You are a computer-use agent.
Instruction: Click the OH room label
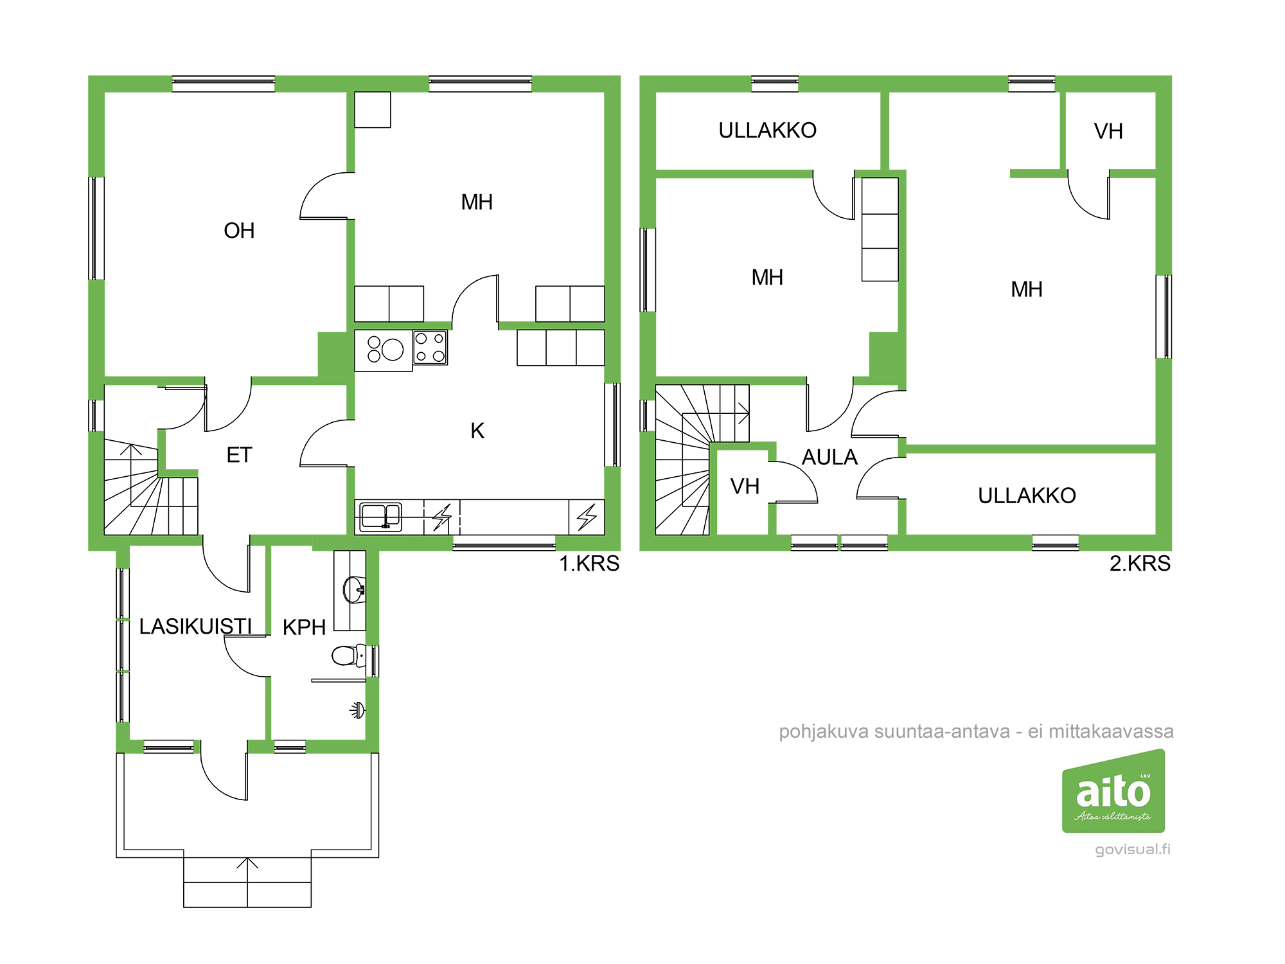pyautogui.click(x=239, y=231)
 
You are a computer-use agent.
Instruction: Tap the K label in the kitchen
pyautogui.click(x=477, y=431)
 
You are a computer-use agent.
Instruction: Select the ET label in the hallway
pyautogui.click(x=239, y=455)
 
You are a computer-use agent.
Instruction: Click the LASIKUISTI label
pyautogui.click(x=195, y=627)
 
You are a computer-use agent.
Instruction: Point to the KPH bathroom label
pyautogui.click(x=305, y=627)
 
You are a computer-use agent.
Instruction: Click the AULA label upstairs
pyautogui.click(x=829, y=457)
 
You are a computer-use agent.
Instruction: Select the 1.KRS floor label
pyautogui.click(x=589, y=564)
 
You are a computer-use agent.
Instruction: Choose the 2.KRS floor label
pyautogui.click(x=1140, y=564)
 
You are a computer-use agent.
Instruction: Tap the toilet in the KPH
pyautogui.click(x=349, y=656)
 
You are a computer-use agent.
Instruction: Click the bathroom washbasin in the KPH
pyautogui.click(x=354, y=589)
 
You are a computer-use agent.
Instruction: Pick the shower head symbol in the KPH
pyautogui.click(x=358, y=710)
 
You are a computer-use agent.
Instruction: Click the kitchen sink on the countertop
pyautogui.click(x=380, y=517)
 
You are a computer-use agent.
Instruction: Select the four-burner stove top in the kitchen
pyautogui.click(x=430, y=348)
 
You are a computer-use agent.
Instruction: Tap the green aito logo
pyautogui.click(x=1113, y=791)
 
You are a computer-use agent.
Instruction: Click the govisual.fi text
pyautogui.click(x=1133, y=850)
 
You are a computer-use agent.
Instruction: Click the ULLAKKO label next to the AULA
pyautogui.click(x=1027, y=495)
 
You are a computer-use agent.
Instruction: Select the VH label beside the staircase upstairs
pyautogui.click(x=745, y=486)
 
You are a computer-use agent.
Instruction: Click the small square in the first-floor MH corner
pyautogui.click(x=373, y=110)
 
